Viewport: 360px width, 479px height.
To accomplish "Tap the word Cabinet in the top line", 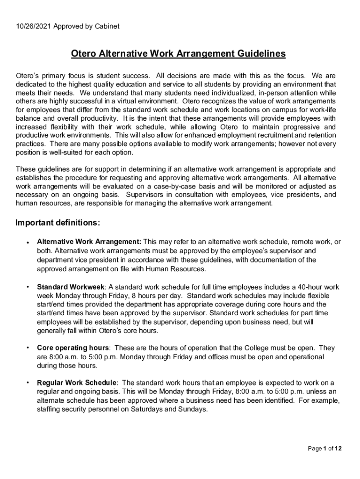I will click(106, 26).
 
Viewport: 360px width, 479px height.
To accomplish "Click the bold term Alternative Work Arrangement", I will click(89, 242).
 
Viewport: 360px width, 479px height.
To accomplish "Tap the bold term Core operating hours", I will click(73, 348).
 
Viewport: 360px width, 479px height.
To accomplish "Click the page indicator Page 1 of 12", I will click(324, 449).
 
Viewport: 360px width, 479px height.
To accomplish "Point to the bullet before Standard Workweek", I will click(28, 287).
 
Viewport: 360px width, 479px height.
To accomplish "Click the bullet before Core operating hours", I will click(28, 348).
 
